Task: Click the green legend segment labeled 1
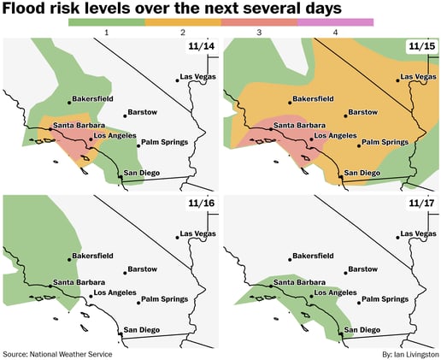pos(105,21)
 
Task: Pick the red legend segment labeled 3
pos(258,21)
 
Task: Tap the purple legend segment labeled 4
pos(335,21)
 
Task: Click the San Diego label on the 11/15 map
pos(363,173)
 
